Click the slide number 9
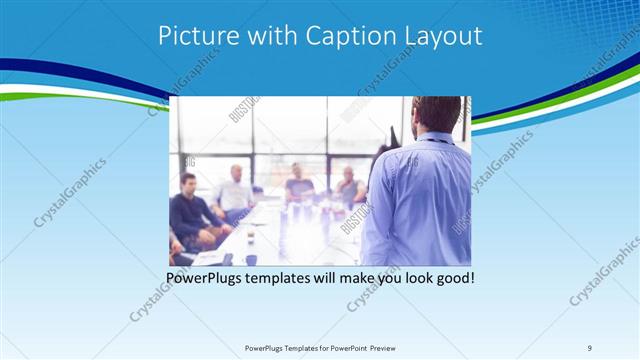click(x=590, y=348)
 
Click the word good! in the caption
click(x=454, y=277)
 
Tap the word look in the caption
click(x=412, y=277)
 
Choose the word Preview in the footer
click(x=385, y=348)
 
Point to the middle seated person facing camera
click(x=298, y=184)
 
